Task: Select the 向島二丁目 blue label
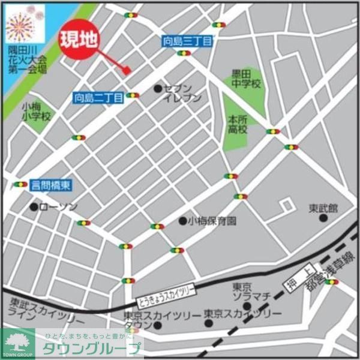coord(98,97)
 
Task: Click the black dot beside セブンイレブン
coord(158,89)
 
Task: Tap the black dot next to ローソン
coord(34,207)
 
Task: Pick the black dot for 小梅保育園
coord(182,221)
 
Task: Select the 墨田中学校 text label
coord(246,79)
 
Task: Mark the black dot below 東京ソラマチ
coord(247,306)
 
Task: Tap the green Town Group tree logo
coord(18,343)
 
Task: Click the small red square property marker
coord(127,70)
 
